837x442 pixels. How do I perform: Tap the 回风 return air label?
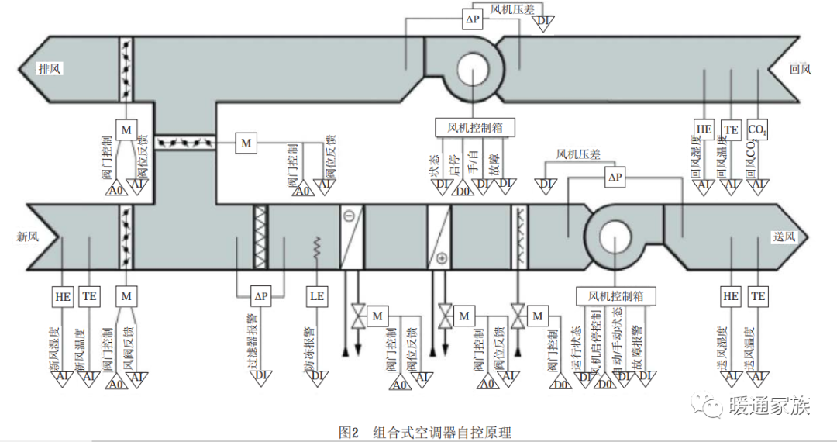(800, 69)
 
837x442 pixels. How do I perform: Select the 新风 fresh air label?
(29, 237)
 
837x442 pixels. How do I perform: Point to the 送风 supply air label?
(784, 237)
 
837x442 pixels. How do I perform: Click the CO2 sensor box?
(758, 129)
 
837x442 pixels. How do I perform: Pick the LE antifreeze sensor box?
(317, 296)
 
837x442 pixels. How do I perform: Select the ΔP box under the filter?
(261, 296)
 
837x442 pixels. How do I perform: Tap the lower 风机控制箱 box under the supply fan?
(616, 296)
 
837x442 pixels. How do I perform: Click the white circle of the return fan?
(472, 69)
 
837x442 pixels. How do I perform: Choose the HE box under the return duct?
(704, 129)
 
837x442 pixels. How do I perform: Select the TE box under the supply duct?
(758, 296)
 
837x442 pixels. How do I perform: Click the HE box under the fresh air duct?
(63, 296)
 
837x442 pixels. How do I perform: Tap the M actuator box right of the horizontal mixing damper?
(246, 143)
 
